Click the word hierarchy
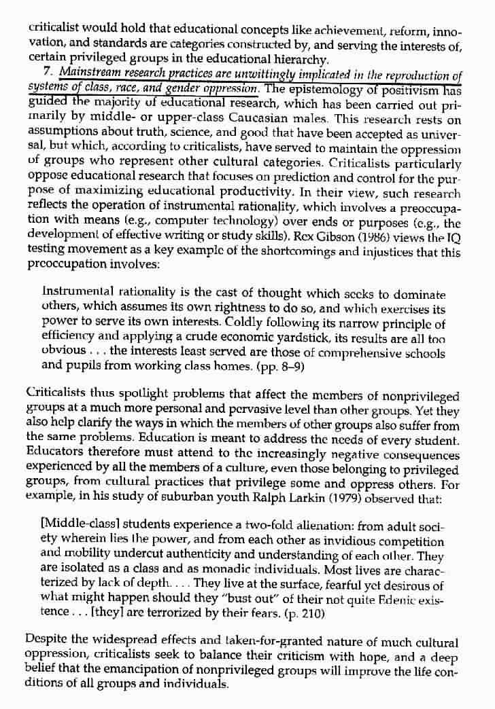(279, 59)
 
